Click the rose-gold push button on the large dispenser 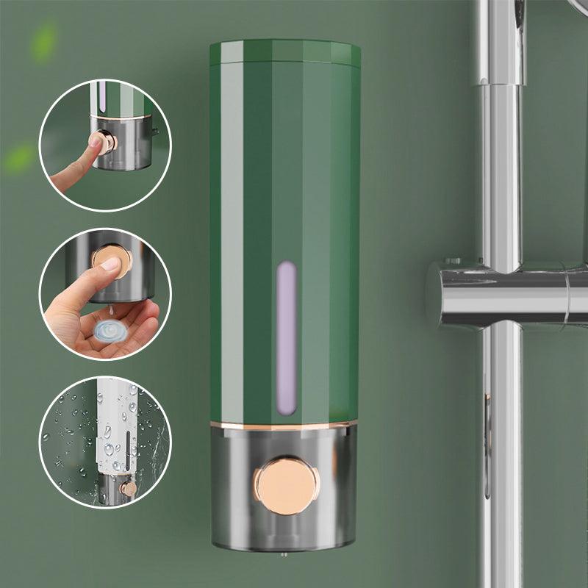pyautogui.click(x=287, y=484)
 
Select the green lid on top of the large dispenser pyautogui.click(x=285, y=52)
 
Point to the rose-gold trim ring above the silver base pyautogui.click(x=284, y=425)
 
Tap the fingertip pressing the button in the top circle pyautogui.click(x=94, y=143)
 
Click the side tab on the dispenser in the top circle pyautogui.click(x=154, y=132)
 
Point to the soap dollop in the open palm pyautogui.click(x=110, y=333)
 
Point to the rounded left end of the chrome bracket pyautogui.click(x=435, y=294)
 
